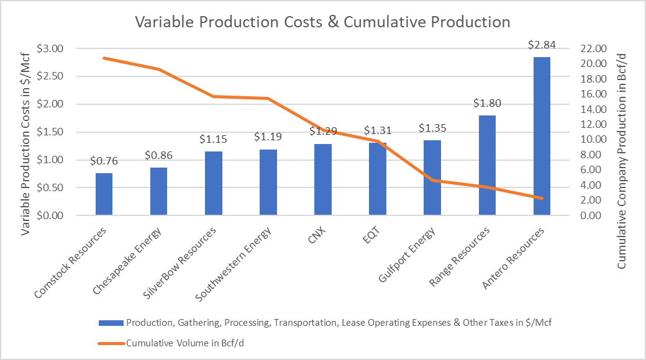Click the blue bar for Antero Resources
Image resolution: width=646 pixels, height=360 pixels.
(x=542, y=137)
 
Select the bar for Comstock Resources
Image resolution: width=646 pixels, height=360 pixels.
(x=104, y=194)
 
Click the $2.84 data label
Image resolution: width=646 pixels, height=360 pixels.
(x=542, y=45)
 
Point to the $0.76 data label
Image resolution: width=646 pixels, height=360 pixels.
(x=104, y=161)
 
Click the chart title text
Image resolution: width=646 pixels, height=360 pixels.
(x=323, y=22)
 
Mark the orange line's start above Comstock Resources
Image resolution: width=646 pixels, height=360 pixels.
(x=104, y=58)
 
